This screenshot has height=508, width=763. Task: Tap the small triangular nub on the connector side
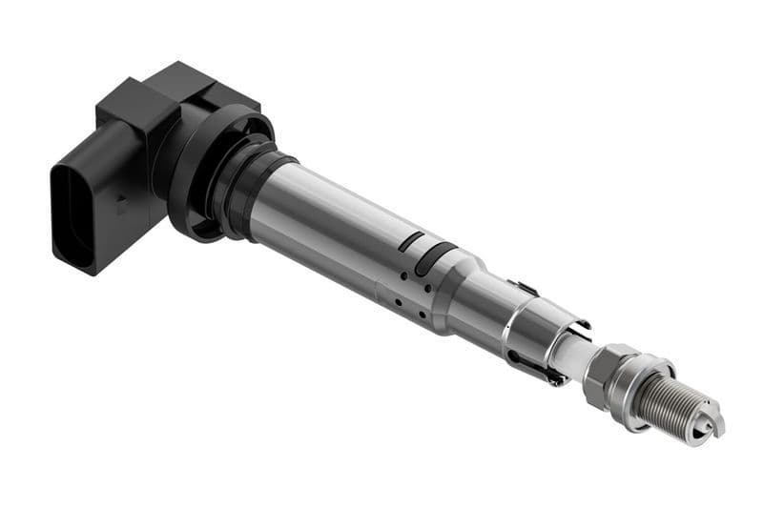(x=121, y=202)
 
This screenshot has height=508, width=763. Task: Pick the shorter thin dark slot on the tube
(x=411, y=241)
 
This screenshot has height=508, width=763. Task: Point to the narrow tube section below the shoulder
(x=482, y=310)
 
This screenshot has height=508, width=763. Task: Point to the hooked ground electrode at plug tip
(x=711, y=430)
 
